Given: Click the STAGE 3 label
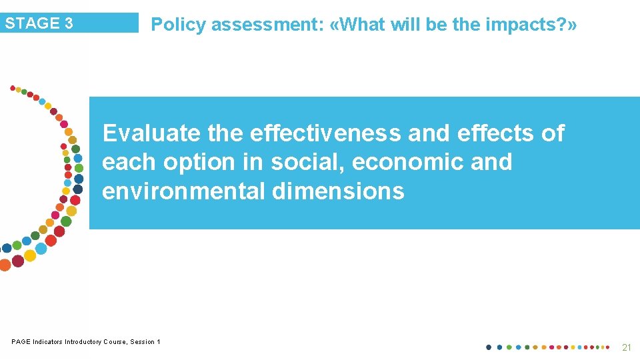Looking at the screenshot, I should point(39,23).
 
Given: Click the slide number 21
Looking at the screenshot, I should point(625,347).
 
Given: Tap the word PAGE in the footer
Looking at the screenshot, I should point(21,342).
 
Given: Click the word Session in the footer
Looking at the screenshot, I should point(143,342).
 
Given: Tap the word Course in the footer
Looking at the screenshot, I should point(115,342).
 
